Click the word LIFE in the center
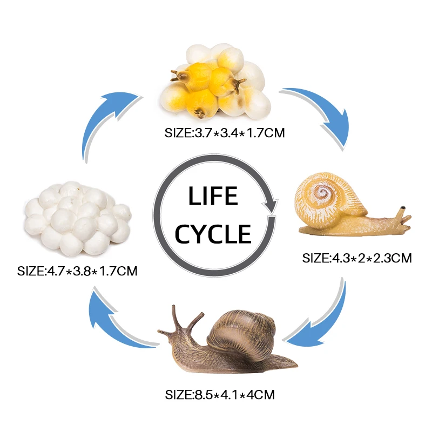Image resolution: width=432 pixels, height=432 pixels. pos(213,197)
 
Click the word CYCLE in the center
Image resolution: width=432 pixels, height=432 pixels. pos(213,234)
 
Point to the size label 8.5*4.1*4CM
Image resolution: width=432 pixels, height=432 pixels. pos(220,395)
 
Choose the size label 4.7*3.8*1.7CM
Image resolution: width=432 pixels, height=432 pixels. pos(77,270)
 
